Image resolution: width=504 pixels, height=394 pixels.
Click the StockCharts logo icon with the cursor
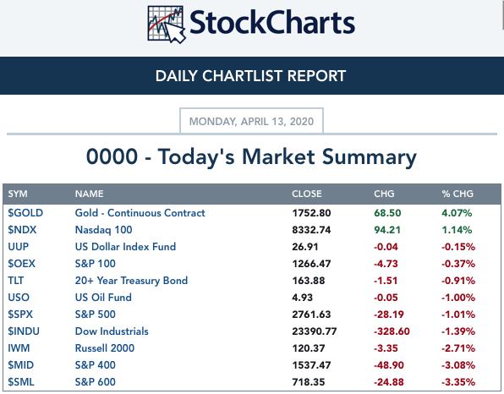(167, 25)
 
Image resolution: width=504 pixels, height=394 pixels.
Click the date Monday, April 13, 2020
(251, 122)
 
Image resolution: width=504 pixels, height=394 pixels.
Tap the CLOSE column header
(307, 194)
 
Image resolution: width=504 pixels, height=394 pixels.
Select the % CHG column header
(457, 194)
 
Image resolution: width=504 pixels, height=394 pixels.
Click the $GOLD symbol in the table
(25, 213)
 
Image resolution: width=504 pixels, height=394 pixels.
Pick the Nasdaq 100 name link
(103, 230)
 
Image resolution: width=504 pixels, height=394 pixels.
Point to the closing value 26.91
(305, 247)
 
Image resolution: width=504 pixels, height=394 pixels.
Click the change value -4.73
(386, 264)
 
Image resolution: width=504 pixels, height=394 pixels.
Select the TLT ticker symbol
(16, 281)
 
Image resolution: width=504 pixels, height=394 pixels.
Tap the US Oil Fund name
(103, 298)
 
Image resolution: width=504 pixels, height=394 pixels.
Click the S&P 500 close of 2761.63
(311, 315)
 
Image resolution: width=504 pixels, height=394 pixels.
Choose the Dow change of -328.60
(392, 331)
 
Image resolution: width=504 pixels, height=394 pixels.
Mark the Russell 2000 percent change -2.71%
(458, 348)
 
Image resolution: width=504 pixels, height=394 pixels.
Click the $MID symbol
(20, 365)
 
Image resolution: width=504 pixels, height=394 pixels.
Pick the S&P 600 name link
(96, 382)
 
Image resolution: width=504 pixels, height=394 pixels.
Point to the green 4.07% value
(457, 213)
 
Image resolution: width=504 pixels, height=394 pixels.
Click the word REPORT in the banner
(316, 76)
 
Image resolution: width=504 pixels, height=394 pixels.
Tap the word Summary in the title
(370, 157)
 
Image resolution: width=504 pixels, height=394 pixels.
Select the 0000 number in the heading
(112, 156)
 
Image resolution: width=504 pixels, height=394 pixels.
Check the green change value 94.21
(387, 230)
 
